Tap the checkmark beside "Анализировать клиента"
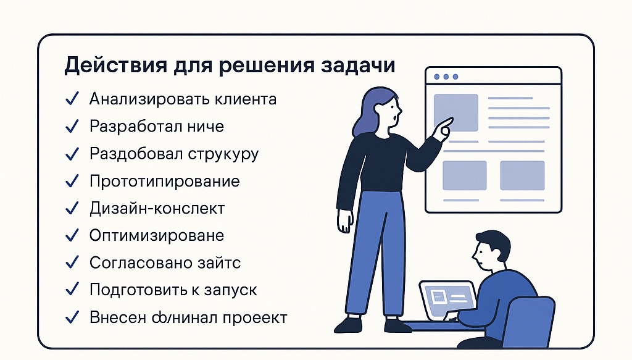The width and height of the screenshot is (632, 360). (72, 99)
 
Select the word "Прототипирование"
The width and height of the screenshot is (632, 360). (164, 182)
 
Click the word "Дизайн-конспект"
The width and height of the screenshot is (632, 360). (157, 209)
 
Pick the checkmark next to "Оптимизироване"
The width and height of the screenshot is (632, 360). (72, 235)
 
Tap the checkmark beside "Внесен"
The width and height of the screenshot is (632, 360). (72, 317)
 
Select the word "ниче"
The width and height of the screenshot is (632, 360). (204, 127)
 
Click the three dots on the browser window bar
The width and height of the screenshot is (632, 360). (446, 77)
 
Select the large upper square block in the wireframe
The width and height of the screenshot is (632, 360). (455, 112)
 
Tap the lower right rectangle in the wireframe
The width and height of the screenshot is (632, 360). (522, 175)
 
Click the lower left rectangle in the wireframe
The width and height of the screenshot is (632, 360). (465, 175)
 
